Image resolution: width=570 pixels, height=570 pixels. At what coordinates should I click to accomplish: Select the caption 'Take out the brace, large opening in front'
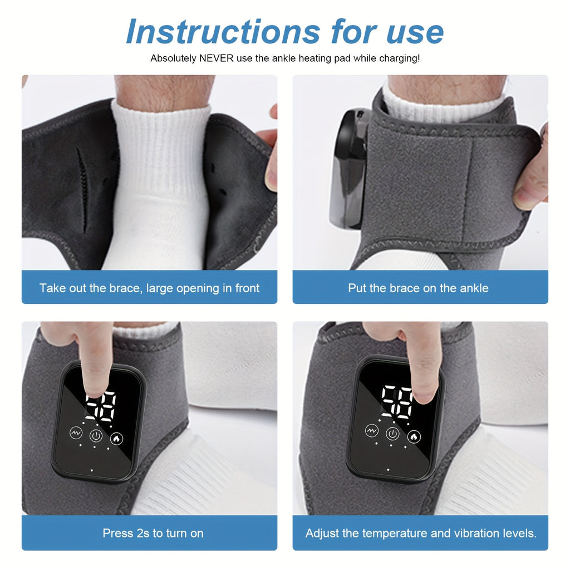coord(149,288)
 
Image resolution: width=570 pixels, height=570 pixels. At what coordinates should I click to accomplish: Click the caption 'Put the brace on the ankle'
coord(418,288)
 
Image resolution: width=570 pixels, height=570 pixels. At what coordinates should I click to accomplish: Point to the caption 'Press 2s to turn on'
coord(153,533)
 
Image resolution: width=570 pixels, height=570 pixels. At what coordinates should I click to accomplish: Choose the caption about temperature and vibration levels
coord(421,533)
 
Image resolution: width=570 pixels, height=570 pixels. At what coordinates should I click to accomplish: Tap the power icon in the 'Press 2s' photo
coord(96,435)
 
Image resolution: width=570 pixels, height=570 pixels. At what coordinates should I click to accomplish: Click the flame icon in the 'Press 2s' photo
coord(116,438)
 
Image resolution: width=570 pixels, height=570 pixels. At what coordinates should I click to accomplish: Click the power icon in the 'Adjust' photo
coord(393,434)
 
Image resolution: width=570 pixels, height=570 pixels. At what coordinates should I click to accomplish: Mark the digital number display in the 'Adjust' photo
coord(396,402)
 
